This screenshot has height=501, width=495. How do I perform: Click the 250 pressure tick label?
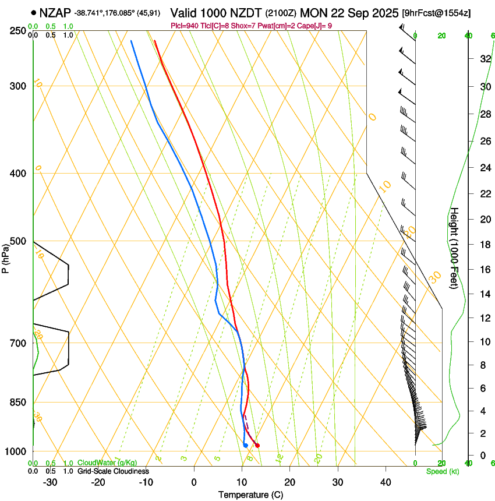pyautogui.click(x=17, y=30)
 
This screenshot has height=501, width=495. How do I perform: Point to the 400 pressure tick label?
pyautogui.click(x=17, y=173)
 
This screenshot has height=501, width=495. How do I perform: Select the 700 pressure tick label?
pyautogui.click(x=17, y=343)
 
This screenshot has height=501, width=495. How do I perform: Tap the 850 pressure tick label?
pyautogui.click(x=17, y=402)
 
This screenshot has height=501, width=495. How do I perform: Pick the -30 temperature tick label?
pyautogui.click(x=50, y=482)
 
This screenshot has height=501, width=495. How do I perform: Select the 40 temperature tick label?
pyautogui.click(x=385, y=482)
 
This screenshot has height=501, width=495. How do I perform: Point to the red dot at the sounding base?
pyautogui.click(x=257, y=446)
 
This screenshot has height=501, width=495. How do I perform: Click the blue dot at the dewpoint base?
pyautogui.click(x=246, y=446)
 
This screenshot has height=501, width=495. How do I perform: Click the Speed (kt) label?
pyautogui.click(x=442, y=471)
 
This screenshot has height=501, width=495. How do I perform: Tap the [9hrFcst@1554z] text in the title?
pyautogui.click(x=437, y=12)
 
